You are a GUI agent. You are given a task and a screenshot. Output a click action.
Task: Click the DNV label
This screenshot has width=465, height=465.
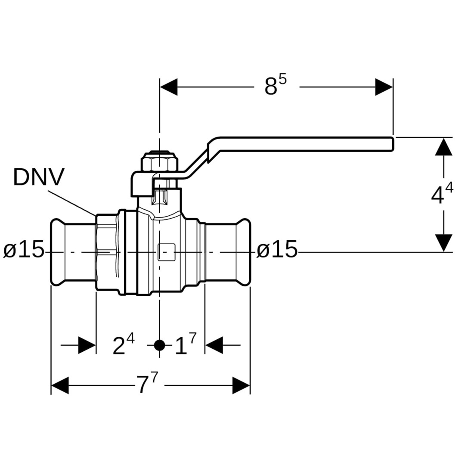point(39,177)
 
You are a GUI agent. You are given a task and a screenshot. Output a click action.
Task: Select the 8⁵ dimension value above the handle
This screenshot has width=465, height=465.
point(275,86)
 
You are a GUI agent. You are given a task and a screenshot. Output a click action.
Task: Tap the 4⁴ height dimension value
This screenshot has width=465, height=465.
point(442,195)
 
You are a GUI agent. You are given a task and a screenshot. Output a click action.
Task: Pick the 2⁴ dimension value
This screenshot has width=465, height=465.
point(123,345)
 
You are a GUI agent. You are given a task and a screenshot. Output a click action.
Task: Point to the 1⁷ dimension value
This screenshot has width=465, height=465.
point(185,345)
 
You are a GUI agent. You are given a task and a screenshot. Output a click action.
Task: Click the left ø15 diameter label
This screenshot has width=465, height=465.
point(24,250)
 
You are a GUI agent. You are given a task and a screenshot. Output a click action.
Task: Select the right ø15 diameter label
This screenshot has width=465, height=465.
point(277,250)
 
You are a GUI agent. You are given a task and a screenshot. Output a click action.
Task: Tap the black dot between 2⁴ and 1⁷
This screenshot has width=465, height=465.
point(160,345)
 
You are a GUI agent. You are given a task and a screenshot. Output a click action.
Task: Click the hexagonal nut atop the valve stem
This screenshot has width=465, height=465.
point(159,162)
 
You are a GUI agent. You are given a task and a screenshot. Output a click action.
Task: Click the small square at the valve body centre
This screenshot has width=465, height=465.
point(166,252)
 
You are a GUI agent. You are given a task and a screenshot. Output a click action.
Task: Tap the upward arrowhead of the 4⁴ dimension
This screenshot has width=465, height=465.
point(443,147)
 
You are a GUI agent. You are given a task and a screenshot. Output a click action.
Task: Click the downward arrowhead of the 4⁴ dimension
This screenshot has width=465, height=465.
point(443,243)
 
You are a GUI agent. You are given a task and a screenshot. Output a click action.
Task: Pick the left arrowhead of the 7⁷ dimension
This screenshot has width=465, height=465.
point(60,385)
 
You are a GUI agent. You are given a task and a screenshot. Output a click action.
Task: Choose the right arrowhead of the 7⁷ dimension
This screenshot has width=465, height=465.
point(241,385)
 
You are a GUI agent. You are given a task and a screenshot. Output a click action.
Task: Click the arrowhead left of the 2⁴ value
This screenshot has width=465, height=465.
point(87,345)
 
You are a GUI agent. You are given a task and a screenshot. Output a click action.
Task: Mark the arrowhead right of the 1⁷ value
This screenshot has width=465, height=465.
point(214,345)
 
